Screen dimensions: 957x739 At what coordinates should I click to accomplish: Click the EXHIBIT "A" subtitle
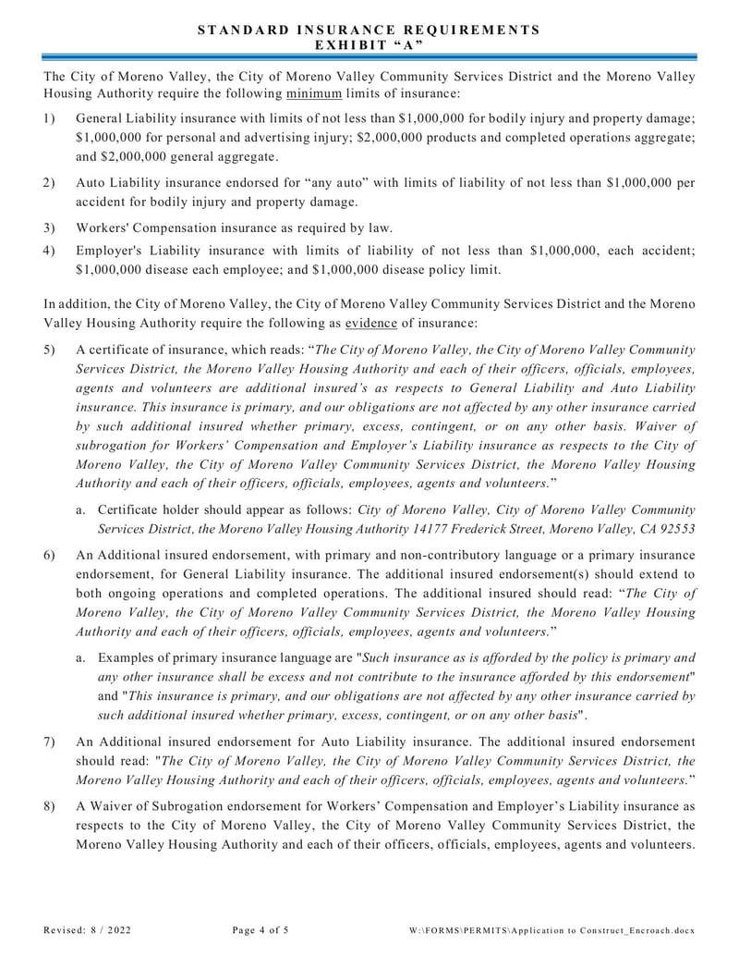tap(369, 43)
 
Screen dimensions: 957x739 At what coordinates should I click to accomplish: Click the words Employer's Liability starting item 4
tap(132, 251)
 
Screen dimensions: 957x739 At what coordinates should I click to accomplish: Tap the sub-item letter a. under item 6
tap(81, 658)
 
